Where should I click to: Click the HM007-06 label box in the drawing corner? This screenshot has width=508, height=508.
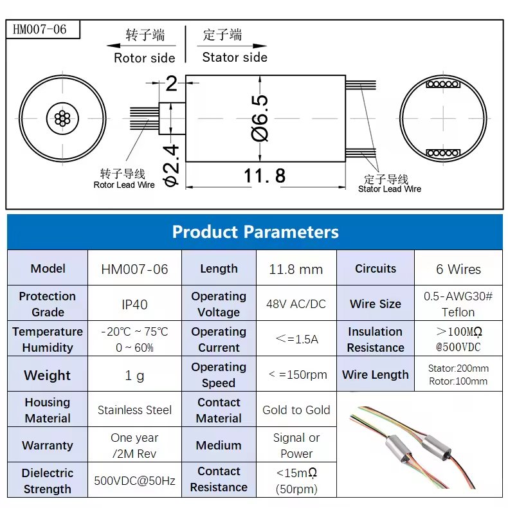click(43, 30)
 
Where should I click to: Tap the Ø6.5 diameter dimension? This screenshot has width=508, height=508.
click(260, 118)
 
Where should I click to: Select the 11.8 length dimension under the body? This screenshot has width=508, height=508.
click(264, 176)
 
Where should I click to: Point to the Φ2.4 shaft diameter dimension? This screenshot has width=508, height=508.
click(171, 165)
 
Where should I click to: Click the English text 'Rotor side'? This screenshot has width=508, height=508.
click(145, 58)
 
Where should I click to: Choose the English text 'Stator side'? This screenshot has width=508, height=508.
click(235, 57)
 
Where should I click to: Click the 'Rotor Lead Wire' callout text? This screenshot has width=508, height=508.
click(124, 185)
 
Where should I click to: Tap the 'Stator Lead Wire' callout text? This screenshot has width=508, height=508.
click(390, 189)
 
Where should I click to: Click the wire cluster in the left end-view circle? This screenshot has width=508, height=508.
click(62, 118)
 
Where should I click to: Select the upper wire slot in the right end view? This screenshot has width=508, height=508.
click(443, 84)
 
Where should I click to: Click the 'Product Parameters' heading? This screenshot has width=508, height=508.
click(255, 232)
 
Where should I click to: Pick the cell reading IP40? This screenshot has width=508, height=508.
click(135, 304)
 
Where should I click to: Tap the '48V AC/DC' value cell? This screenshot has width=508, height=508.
click(296, 304)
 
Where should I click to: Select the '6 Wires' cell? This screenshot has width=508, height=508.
click(458, 269)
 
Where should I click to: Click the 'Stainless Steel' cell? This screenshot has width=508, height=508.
click(135, 410)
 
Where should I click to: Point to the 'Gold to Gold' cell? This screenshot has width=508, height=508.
click(296, 410)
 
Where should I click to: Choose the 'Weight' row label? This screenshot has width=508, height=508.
click(48, 375)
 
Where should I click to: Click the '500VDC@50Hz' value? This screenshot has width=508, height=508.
click(135, 480)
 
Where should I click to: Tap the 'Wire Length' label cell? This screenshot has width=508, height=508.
click(376, 374)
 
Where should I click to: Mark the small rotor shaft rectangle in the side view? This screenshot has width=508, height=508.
click(172, 118)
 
